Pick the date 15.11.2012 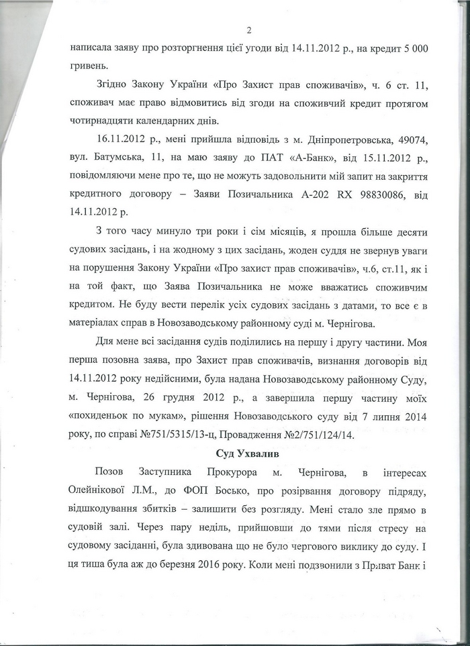pos(362,164)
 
